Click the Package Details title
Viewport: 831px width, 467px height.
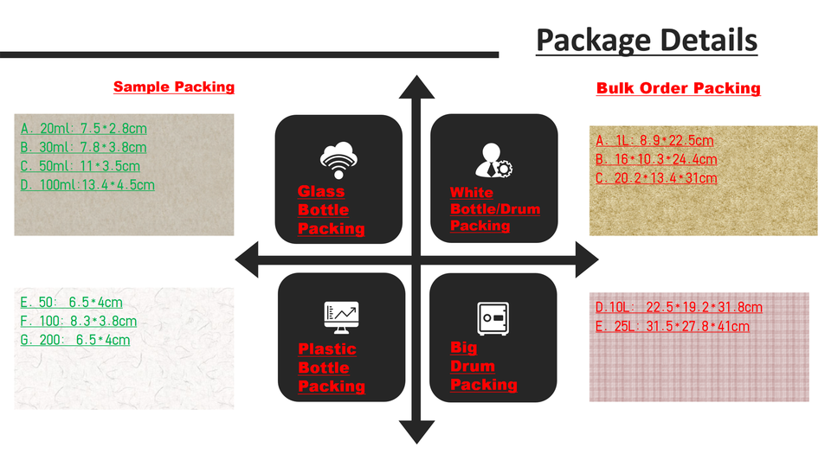pyautogui.click(x=646, y=40)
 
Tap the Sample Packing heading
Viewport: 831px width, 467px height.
pyautogui.click(x=174, y=86)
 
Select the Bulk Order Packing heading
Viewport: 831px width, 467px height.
pyautogui.click(x=678, y=88)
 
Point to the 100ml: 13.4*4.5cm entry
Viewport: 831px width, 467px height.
pyautogui.click(x=87, y=184)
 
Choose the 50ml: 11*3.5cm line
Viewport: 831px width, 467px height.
pyautogui.click(x=81, y=166)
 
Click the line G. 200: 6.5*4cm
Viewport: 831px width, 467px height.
pyautogui.click(x=75, y=340)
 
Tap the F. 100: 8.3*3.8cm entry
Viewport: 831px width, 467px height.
pyautogui.click(x=78, y=322)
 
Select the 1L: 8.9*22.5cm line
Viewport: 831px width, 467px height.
pyautogui.click(x=654, y=141)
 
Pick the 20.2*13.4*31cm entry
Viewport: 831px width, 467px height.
pyautogui.click(x=656, y=178)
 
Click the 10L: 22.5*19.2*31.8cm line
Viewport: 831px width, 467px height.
pyautogui.click(x=679, y=307)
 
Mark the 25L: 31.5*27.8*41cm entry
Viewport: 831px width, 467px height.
pyautogui.click(x=672, y=326)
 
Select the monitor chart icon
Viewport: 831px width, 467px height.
pyautogui.click(x=340, y=317)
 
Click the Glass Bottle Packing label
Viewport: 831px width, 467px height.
pyautogui.click(x=331, y=210)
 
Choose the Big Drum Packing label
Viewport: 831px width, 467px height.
pyautogui.click(x=483, y=366)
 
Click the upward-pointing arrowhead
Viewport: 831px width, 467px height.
pyautogui.click(x=416, y=87)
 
